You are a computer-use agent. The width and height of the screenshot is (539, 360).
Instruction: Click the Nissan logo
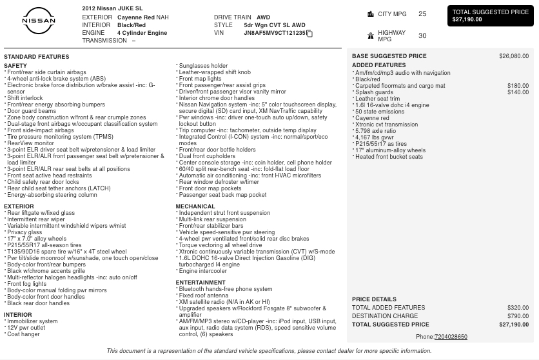point(39,21)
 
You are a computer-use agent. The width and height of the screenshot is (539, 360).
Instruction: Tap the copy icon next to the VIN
point(309,34)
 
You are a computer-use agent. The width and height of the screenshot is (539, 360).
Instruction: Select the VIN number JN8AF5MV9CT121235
point(275,33)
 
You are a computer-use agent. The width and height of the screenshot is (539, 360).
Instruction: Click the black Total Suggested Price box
point(490,15)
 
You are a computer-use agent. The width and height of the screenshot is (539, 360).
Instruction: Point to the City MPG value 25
point(422,14)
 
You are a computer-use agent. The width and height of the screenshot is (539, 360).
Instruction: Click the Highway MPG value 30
point(422,36)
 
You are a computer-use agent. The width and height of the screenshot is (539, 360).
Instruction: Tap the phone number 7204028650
point(451,337)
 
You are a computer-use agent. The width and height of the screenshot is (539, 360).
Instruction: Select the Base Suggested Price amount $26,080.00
point(513,56)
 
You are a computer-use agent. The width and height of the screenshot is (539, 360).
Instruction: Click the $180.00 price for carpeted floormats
point(518,86)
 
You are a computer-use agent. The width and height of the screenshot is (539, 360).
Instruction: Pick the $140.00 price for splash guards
point(518,92)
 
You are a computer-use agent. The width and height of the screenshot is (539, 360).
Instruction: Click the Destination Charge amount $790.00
point(518,316)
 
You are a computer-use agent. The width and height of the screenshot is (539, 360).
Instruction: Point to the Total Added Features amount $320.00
point(518,308)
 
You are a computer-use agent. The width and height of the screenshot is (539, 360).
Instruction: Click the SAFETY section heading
point(15,66)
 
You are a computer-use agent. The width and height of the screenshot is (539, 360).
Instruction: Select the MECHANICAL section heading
point(195,207)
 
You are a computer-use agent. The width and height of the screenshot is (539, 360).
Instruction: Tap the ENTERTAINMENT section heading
point(201,283)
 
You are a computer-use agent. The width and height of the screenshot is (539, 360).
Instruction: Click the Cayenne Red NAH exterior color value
point(142,17)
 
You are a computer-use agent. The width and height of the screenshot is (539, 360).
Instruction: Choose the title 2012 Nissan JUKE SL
point(113,8)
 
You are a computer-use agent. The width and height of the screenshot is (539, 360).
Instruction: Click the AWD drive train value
point(263,17)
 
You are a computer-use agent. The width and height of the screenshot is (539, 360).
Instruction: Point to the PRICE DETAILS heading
point(374,299)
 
